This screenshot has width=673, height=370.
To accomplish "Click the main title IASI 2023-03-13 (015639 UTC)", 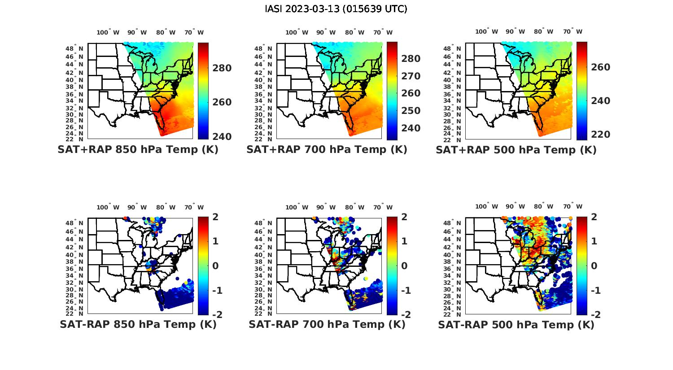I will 336,9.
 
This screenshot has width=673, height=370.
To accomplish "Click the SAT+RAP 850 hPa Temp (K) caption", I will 138,150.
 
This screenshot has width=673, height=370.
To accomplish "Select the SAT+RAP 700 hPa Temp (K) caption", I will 327,150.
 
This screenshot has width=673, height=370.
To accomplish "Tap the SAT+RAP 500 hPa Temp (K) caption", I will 516,150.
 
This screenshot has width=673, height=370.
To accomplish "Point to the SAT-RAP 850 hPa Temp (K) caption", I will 138,325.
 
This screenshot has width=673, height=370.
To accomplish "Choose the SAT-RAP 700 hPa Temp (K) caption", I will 327,325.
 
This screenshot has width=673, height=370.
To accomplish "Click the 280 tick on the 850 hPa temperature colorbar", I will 222,68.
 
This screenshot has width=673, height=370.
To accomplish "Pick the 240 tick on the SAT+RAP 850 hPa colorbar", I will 222,137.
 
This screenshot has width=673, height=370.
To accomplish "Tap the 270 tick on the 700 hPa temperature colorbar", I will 411,76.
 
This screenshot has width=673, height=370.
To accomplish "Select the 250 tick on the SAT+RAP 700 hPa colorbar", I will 411,111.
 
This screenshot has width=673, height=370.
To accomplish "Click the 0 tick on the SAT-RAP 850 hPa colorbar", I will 215,266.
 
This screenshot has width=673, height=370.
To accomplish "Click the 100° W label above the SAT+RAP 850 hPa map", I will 108,32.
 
